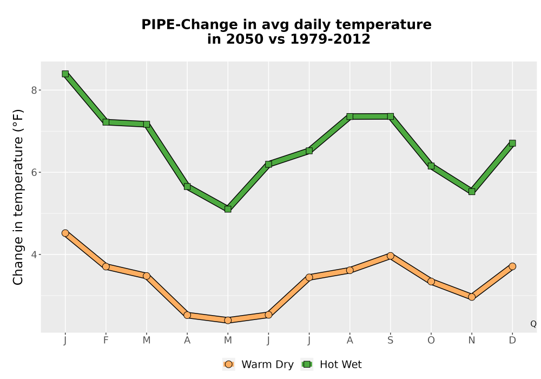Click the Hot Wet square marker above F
[x=106, y=122]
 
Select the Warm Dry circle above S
[x=390, y=256]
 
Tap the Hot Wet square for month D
[x=512, y=143]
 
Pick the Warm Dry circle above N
[x=472, y=297]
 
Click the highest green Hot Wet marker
[x=65, y=74]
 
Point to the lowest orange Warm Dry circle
[x=228, y=321]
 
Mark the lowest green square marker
[x=228, y=209]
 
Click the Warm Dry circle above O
[x=431, y=282]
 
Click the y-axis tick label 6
[x=34, y=172]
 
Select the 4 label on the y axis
[x=34, y=254]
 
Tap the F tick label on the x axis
[x=106, y=341]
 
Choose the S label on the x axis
[x=390, y=341]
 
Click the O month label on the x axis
[x=431, y=341]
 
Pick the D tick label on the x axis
[x=512, y=341]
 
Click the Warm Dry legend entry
[x=258, y=364]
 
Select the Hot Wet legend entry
[x=332, y=364]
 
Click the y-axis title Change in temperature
[x=18, y=197]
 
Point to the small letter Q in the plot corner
[x=533, y=324]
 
